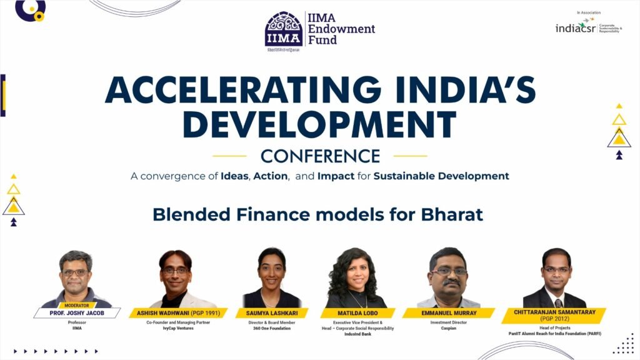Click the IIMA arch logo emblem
coord(284,29)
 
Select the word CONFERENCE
coord(320,156)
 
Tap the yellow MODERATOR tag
coord(76,306)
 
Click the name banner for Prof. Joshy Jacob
coord(76,313)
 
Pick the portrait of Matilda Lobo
coord(355,278)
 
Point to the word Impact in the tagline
coord(336,176)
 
